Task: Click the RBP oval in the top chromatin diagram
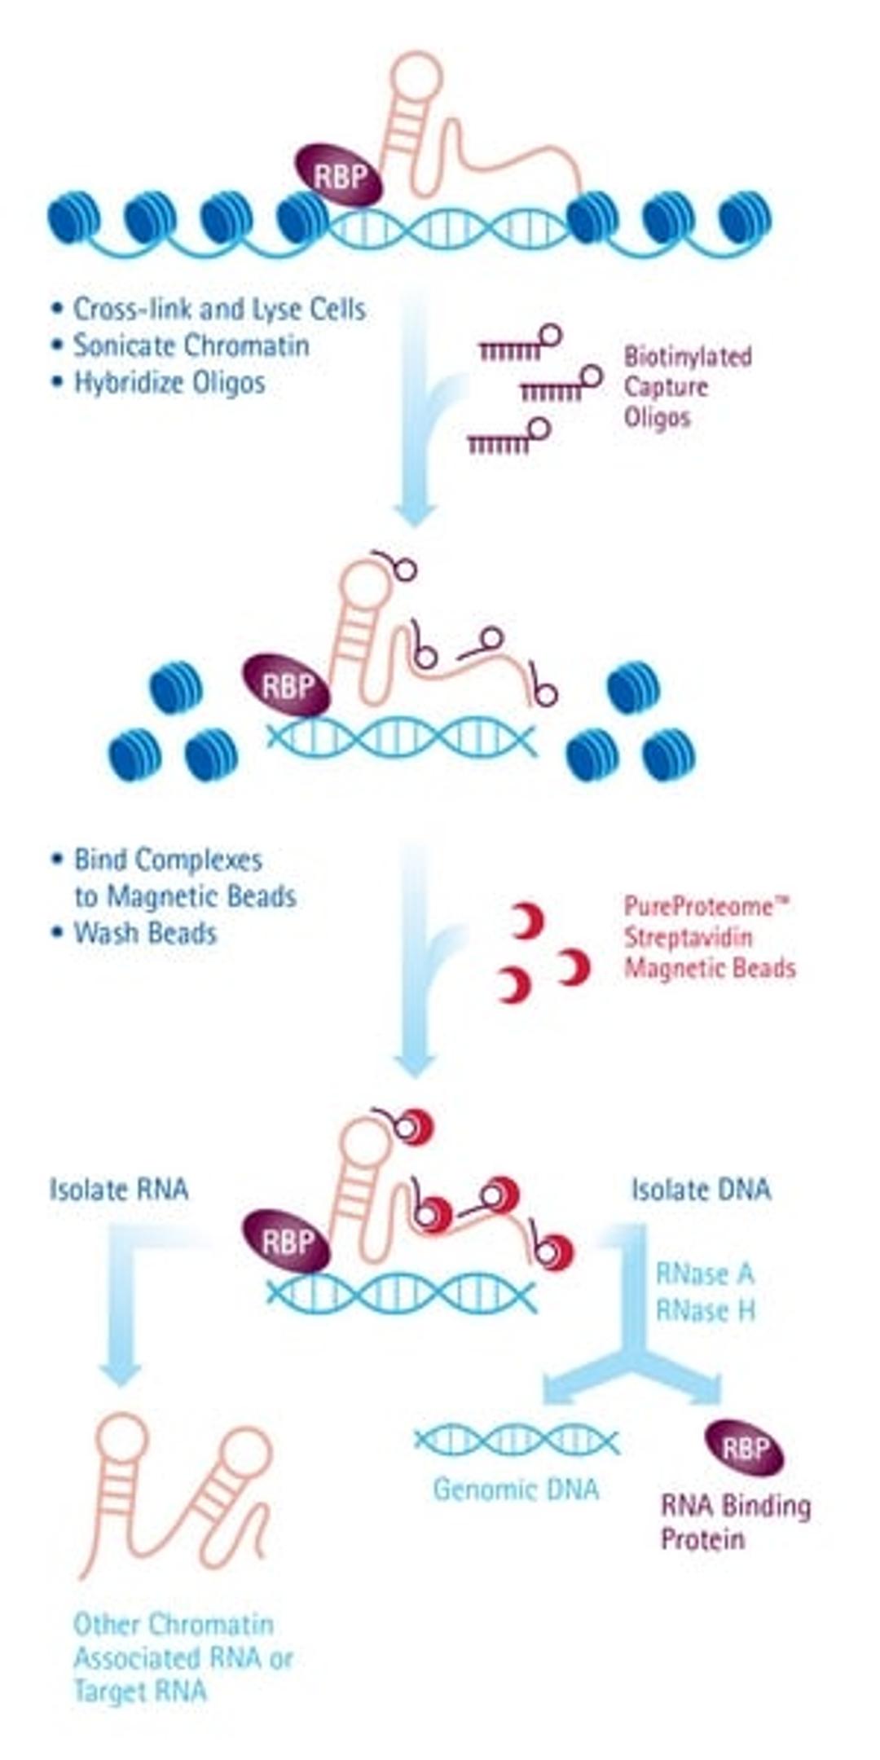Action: click(x=339, y=175)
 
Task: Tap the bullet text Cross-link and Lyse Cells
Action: click(x=218, y=309)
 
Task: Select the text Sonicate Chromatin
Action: click(x=191, y=345)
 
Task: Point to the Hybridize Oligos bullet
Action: click(x=169, y=382)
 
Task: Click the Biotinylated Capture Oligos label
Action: click(x=686, y=387)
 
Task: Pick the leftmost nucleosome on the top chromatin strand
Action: click(x=74, y=218)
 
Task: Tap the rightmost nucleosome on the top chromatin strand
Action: click(x=745, y=218)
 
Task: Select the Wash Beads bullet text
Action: click(x=145, y=932)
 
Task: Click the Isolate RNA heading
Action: click(x=119, y=1190)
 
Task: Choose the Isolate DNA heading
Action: click(x=701, y=1190)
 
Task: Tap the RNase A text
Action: click(x=705, y=1273)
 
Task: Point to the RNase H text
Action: click(x=705, y=1309)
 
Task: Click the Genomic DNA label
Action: click(x=516, y=1489)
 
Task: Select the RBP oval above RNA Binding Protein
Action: click(x=744, y=1448)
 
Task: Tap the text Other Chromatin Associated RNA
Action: click(x=181, y=1657)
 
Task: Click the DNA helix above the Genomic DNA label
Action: click(x=516, y=1441)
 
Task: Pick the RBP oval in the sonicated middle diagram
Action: click(x=287, y=686)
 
